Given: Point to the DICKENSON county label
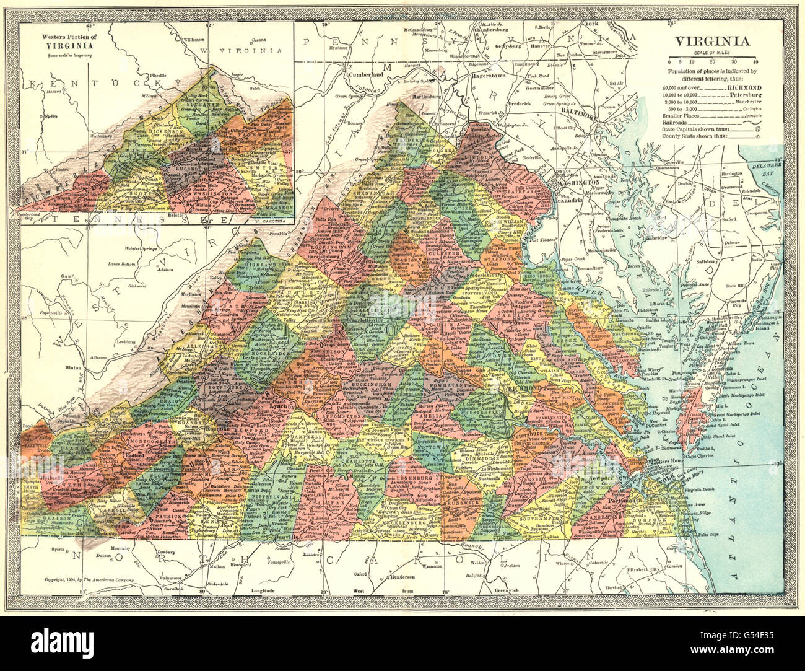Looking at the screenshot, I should [144, 131].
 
